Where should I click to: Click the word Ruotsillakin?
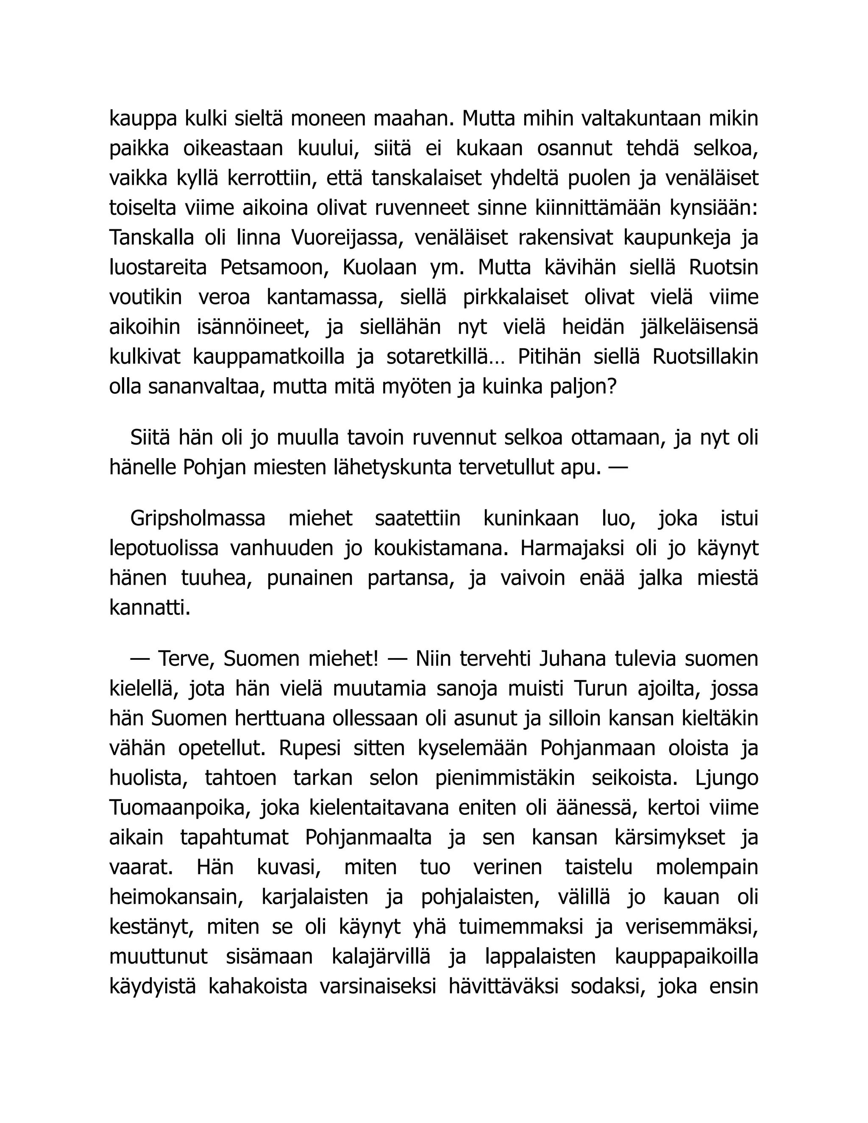point(705,357)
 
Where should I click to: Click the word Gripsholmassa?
point(198,518)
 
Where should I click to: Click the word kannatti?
point(150,608)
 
